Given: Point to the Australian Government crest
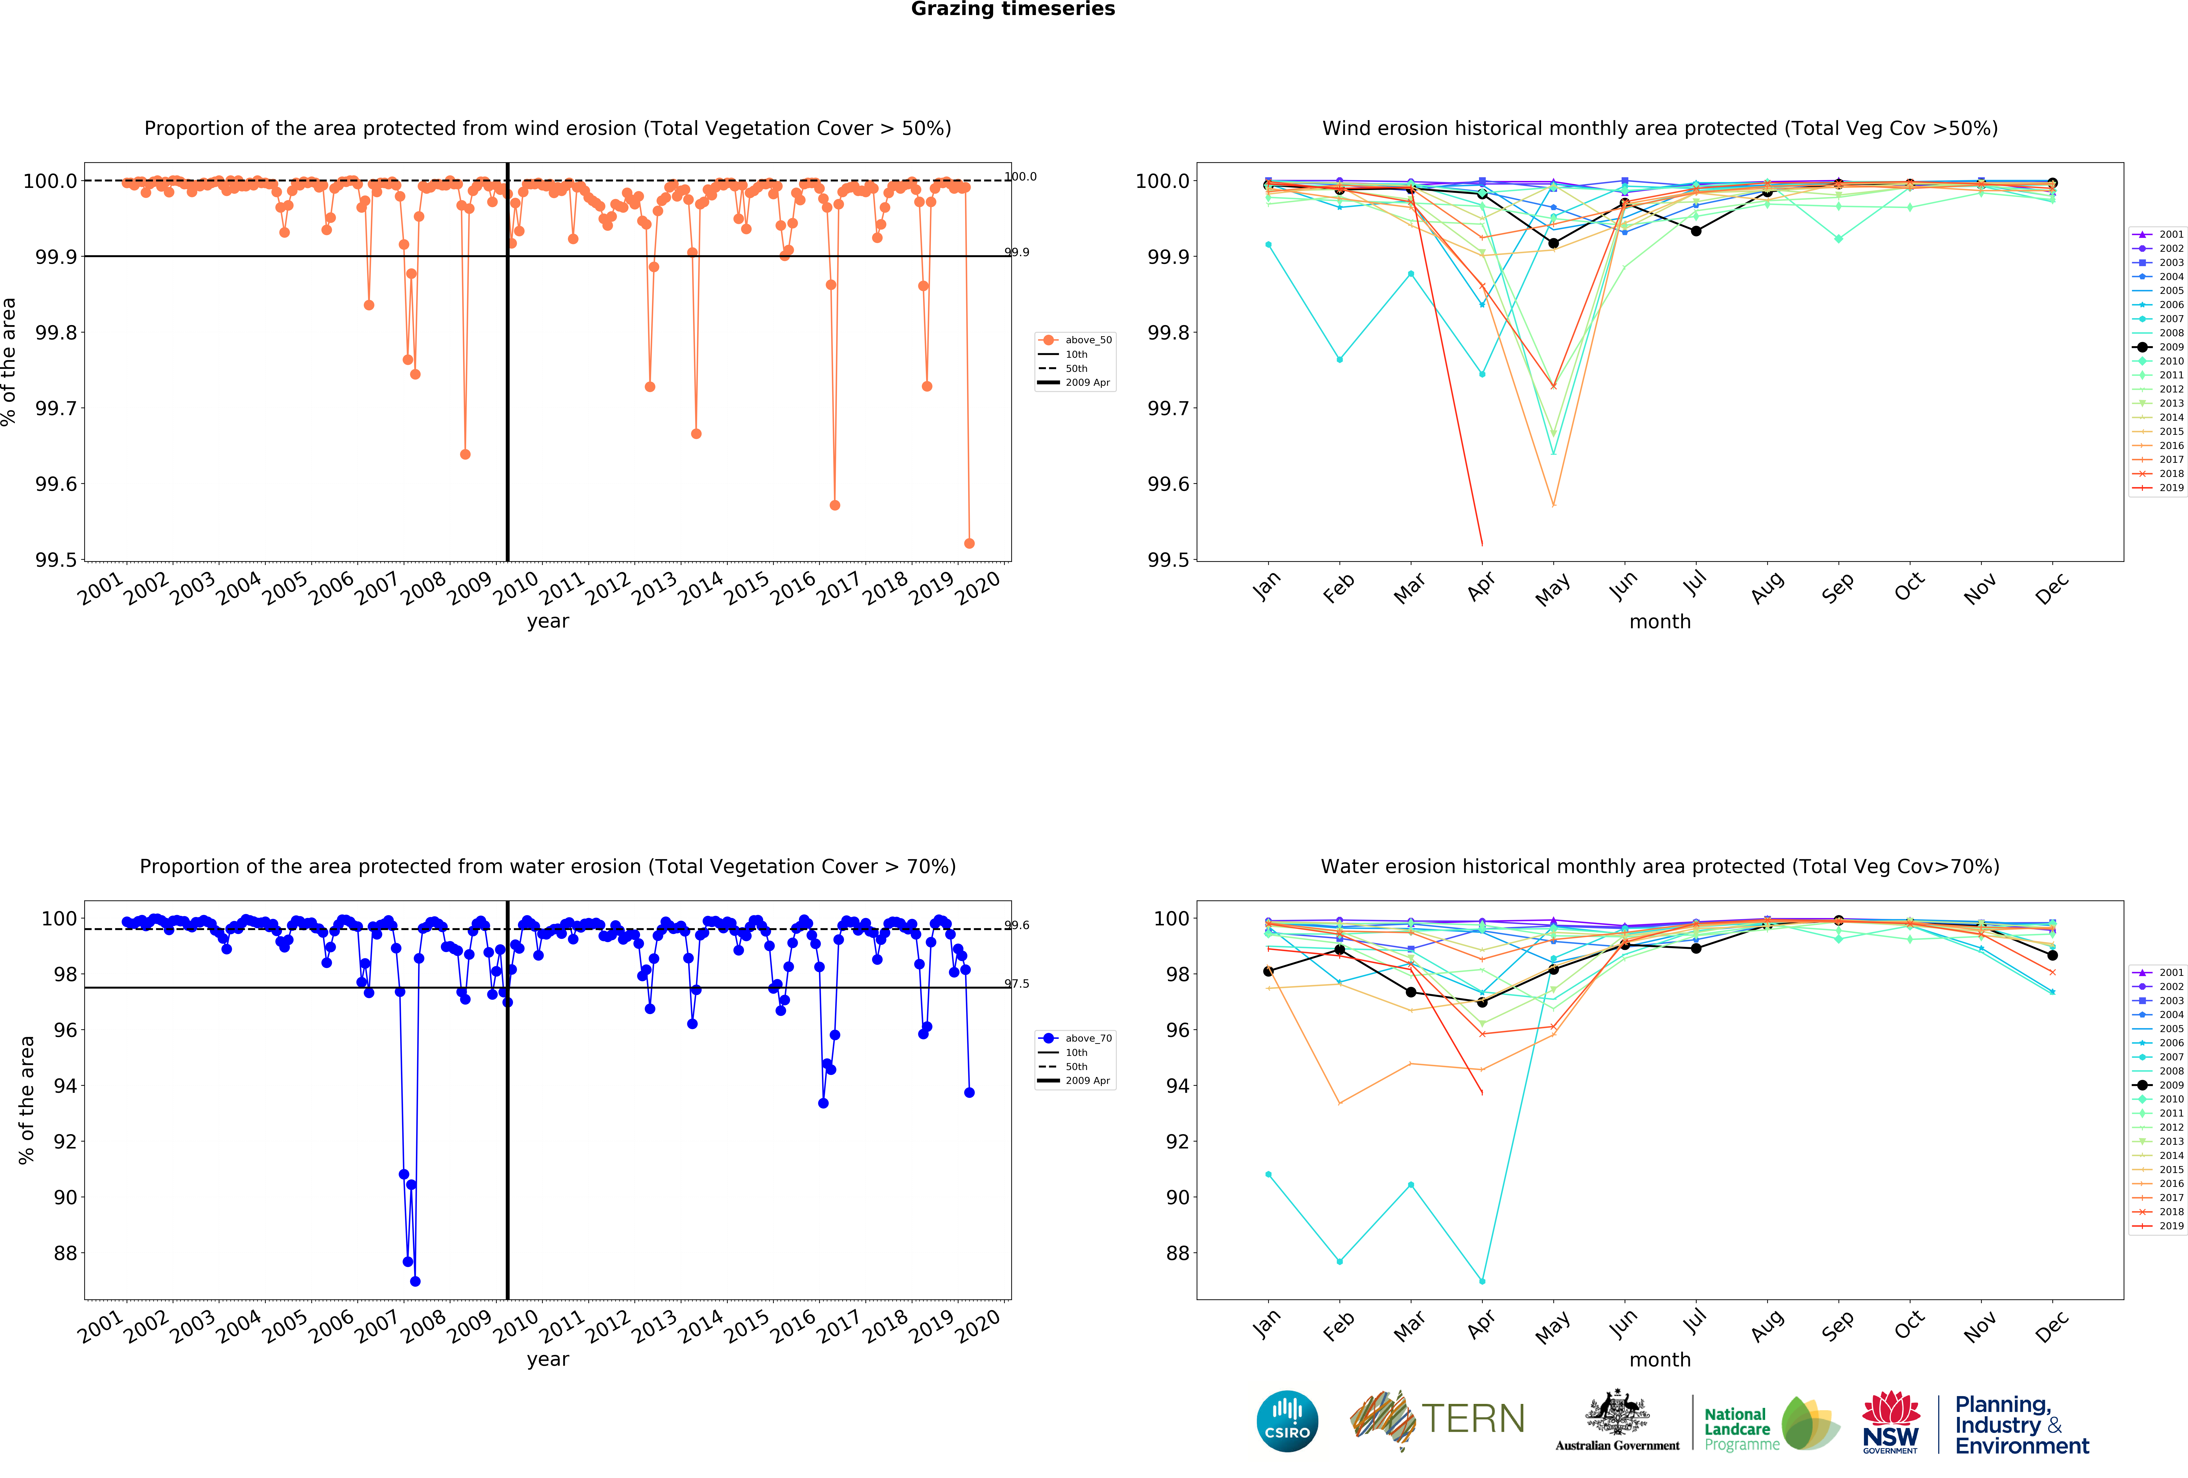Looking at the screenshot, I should click(1617, 1412).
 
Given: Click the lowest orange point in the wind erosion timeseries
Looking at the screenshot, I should click(969, 543).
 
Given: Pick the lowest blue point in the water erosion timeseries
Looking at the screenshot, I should click(415, 1281).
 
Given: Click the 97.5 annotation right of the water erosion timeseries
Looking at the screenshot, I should click(1017, 984).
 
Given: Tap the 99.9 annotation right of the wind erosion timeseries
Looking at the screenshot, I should click(1017, 252).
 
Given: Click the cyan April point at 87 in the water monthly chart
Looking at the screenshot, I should click(1482, 1281).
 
